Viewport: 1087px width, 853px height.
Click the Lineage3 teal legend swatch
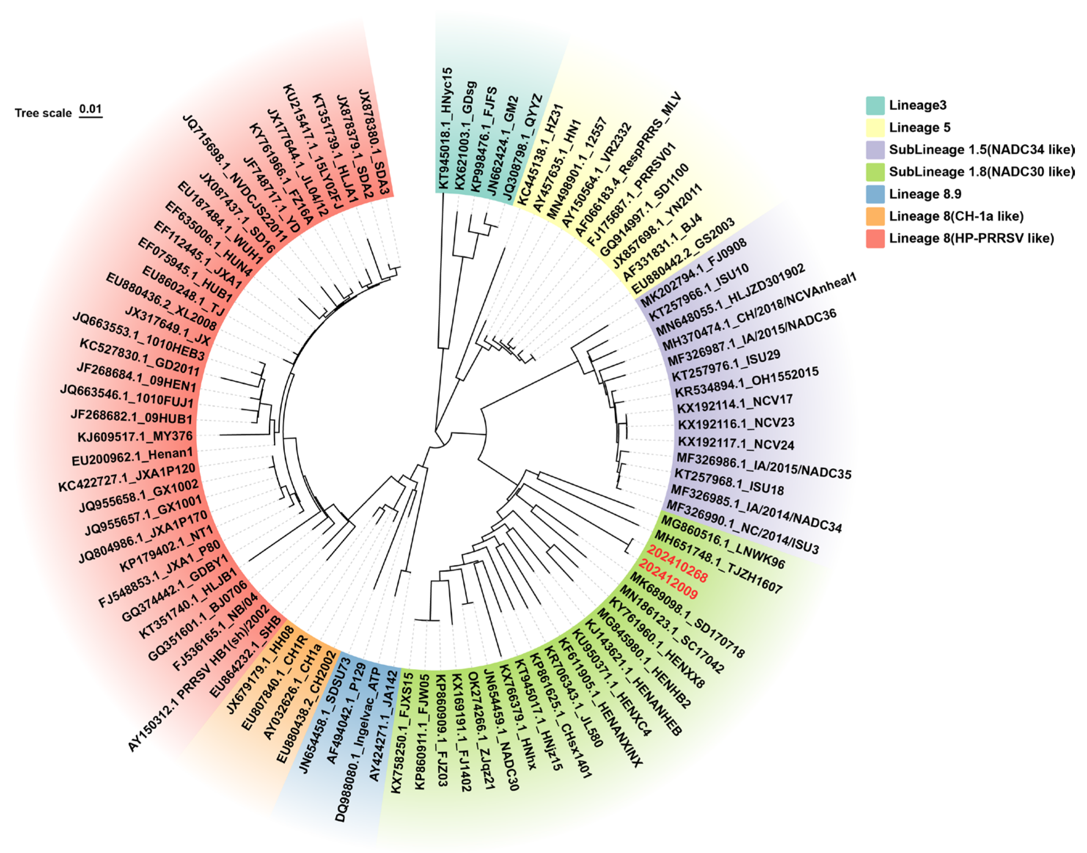pyautogui.click(x=875, y=105)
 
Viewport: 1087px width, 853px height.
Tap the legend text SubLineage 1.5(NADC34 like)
pyautogui.click(x=981, y=150)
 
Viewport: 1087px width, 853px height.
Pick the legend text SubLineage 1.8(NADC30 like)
pyautogui.click(x=981, y=172)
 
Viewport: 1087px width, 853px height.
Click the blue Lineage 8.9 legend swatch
pyautogui.click(x=875, y=194)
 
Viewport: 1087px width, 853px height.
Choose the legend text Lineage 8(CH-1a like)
pyautogui.click(x=956, y=216)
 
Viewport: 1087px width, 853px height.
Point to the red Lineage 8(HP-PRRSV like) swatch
pyautogui.click(x=875, y=238)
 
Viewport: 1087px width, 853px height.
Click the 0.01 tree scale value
pyautogui.click(x=91, y=109)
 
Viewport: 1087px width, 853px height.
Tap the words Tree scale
pyautogui.click(x=43, y=113)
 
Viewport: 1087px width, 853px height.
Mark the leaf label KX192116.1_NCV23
pyautogui.click(x=736, y=423)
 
